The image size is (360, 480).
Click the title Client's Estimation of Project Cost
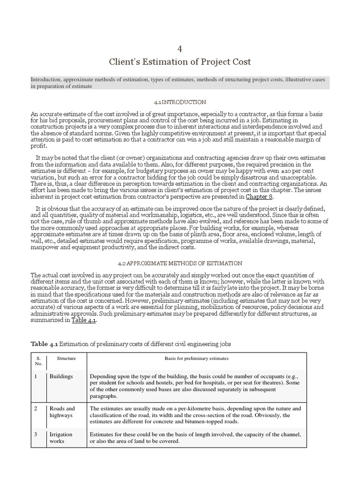point(180,61)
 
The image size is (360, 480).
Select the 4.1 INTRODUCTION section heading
point(180,102)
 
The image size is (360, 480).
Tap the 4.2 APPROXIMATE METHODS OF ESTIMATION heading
point(180,263)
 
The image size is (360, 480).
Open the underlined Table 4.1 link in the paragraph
point(85,321)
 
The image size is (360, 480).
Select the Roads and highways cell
point(62,412)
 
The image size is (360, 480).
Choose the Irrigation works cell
point(61,438)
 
